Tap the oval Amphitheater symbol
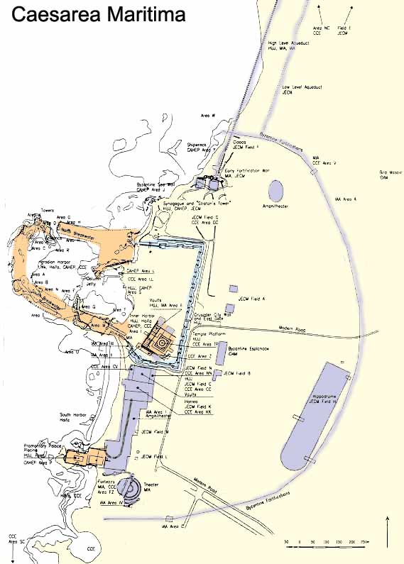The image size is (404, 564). [275, 190]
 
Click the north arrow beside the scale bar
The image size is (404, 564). [388, 529]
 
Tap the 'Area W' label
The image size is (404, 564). [207, 116]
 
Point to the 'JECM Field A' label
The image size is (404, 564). [252, 299]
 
